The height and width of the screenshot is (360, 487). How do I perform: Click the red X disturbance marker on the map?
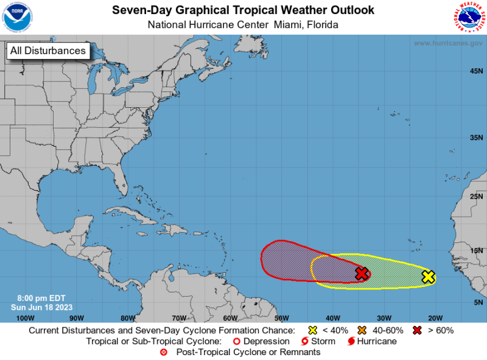pos(362,274)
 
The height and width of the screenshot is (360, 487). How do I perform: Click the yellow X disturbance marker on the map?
pos(428,277)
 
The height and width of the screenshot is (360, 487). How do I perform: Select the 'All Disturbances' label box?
pos(47,51)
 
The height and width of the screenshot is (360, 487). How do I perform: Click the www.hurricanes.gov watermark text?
pos(447,44)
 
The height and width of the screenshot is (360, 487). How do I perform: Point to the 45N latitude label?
pos(475,71)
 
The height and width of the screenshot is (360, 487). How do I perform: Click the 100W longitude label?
pos(25,318)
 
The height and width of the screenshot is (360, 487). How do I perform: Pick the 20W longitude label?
pos(435,318)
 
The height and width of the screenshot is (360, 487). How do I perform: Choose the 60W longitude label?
pos(229,318)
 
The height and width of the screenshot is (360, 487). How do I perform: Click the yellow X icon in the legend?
pos(313,330)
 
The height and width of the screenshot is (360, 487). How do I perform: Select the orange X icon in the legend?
pos(362,330)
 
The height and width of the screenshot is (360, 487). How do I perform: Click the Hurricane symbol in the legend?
pos(351,341)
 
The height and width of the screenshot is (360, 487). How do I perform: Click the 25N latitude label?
pos(475,196)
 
